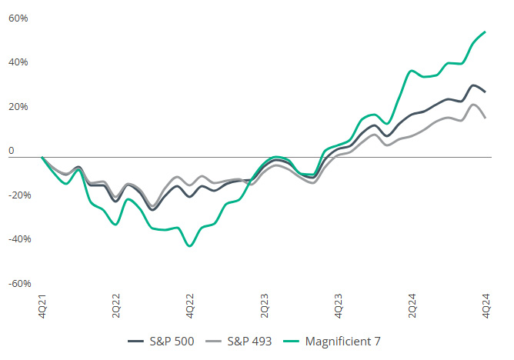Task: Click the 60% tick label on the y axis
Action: point(18,18)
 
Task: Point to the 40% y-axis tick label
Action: point(18,62)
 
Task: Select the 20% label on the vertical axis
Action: point(18,107)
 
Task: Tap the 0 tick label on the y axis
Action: point(12,152)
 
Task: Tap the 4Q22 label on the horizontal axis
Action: point(190,302)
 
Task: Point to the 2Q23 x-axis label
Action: point(264,302)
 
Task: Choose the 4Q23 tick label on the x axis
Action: point(338,302)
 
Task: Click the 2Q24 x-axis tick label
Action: point(412,302)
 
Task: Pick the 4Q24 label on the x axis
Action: point(486,302)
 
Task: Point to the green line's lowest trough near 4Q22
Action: point(189,246)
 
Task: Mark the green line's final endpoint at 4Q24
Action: point(485,32)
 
